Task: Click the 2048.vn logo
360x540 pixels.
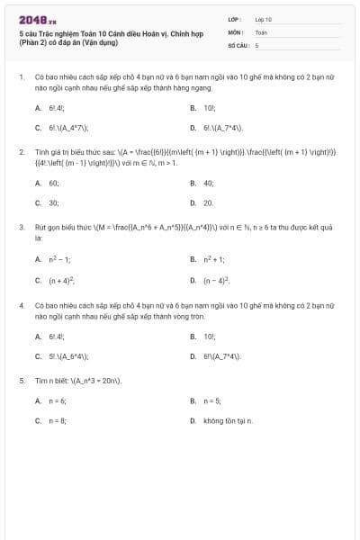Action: pos(32,19)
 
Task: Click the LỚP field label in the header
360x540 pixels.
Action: pos(233,18)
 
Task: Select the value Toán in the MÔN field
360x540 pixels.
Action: pos(261,31)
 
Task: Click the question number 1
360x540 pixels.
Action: pos(20,77)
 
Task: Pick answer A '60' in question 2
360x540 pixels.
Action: pos(54,183)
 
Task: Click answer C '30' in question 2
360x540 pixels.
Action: pos(54,203)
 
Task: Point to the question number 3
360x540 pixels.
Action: pos(20,228)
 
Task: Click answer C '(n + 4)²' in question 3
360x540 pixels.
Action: pos(61,280)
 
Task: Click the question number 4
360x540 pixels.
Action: pos(20,305)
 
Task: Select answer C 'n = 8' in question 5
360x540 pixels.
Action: pos(58,420)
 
